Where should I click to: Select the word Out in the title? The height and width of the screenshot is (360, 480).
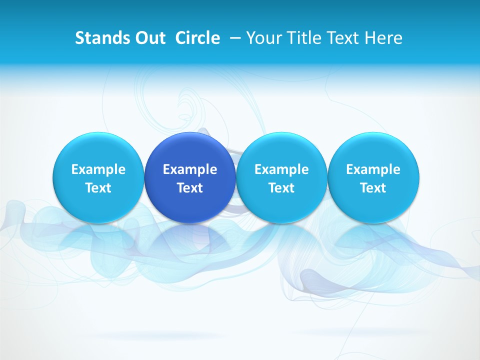(x=148, y=38)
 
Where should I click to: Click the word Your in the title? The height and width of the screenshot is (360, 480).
(x=263, y=38)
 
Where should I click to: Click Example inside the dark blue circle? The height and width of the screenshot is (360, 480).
(x=190, y=169)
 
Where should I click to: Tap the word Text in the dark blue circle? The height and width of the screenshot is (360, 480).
(x=190, y=188)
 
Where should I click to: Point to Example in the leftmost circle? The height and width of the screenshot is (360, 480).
(x=98, y=169)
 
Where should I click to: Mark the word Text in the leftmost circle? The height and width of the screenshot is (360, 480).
(x=98, y=188)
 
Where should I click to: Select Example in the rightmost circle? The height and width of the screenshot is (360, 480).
(x=373, y=169)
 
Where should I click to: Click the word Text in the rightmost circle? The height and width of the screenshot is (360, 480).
(x=373, y=188)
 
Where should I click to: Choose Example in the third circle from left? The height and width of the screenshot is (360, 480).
(x=281, y=169)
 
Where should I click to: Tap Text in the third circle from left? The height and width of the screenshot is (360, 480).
(x=281, y=188)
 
